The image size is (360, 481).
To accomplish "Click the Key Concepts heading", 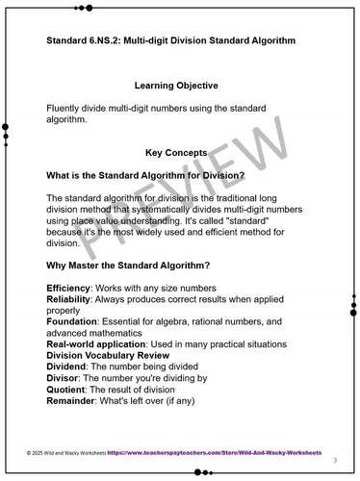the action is pos(180,152).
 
